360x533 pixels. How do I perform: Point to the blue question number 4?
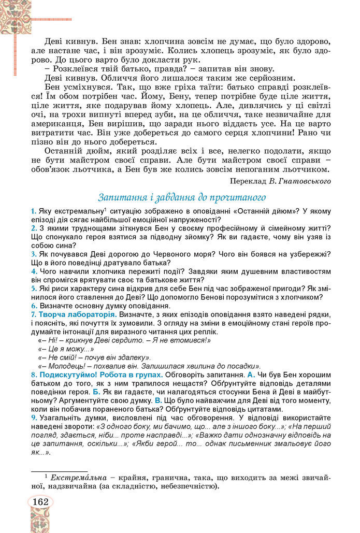(x=33, y=271)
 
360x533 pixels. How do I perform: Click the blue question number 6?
(x=33, y=306)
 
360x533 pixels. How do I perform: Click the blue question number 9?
(x=33, y=417)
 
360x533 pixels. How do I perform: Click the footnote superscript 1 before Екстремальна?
(x=46, y=476)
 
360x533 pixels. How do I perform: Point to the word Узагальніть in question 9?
(x=59, y=417)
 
